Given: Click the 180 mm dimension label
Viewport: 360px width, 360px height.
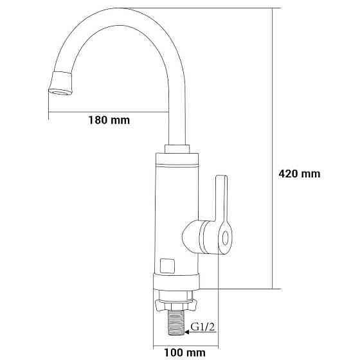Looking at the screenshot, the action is tap(109, 120).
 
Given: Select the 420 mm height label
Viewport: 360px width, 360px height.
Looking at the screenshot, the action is tap(300, 174).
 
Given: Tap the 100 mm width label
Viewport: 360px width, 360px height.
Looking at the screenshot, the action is tap(185, 352).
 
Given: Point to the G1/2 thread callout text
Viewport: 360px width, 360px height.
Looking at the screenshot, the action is tap(203, 327).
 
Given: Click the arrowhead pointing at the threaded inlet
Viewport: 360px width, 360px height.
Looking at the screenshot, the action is tap(187, 332).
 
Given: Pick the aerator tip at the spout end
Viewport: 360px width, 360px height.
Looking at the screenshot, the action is tap(61, 83).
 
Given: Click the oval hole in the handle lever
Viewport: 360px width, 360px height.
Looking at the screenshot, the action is tap(226, 238).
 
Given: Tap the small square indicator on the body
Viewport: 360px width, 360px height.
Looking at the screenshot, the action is tap(167, 266).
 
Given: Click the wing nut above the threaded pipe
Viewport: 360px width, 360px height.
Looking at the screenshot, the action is tap(176, 305).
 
